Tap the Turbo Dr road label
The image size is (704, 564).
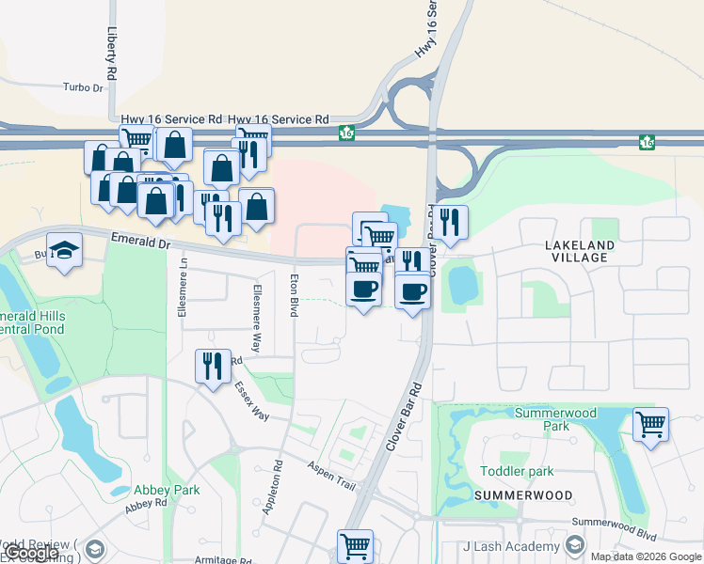[83, 87]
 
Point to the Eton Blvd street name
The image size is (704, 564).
[294, 294]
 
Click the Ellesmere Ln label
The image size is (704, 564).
[183, 293]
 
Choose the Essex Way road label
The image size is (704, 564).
[251, 401]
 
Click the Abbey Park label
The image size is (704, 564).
[167, 490]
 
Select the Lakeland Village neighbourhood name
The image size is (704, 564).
[580, 252]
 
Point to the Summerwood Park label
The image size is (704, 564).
[554, 419]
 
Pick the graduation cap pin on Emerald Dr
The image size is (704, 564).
[65, 250]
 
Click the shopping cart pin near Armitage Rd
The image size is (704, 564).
[355, 545]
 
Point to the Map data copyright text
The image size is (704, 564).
[646, 556]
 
